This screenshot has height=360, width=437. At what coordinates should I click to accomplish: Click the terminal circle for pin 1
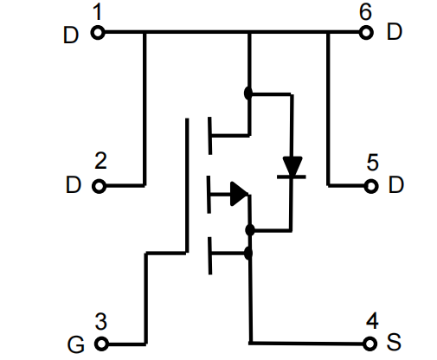pyautogui.click(x=98, y=32)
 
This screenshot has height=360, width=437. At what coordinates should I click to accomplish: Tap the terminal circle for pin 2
pyautogui.click(x=100, y=186)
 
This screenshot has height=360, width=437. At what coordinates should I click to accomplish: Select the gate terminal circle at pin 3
pyautogui.click(x=101, y=344)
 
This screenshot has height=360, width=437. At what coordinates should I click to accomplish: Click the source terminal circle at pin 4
pyautogui.click(x=370, y=344)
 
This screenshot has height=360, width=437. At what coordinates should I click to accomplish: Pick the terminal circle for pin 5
pyautogui.click(x=371, y=186)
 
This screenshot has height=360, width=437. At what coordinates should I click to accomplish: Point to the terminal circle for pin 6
pyautogui.click(x=366, y=32)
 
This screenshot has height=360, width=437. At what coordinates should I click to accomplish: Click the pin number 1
pyautogui.click(x=98, y=12)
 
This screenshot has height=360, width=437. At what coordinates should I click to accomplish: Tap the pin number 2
pyautogui.click(x=100, y=161)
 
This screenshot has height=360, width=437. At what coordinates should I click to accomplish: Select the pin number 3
pyautogui.click(x=101, y=321)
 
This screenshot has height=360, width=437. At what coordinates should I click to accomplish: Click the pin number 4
pyautogui.click(x=372, y=320)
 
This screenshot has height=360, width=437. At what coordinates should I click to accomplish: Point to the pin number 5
pyautogui.click(x=372, y=163)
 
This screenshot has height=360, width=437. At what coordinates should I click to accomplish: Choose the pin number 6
pyautogui.click(x=365, y=12)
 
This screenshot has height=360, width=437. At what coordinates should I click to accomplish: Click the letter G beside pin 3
pyautogui.click(x=76, y=344)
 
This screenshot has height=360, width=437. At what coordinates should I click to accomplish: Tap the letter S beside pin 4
pyautogui.click(x=394, y=342)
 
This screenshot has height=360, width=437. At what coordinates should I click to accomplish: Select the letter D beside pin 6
pyautogui.click(x=395, y=32)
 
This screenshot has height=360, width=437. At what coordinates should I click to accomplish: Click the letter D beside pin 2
pyautogui.click(x=74, y=184)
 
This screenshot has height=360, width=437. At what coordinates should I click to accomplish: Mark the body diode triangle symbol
pyautogui.click(x=292, y=166)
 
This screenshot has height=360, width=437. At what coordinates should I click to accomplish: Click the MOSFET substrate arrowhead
pyautogui.click(x=239, y=194)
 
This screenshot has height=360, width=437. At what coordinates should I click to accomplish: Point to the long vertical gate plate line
pyautogui.click(x=187, y=185)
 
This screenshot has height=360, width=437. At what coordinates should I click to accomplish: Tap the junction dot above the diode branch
pyautogui.click(x=248, y=93)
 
